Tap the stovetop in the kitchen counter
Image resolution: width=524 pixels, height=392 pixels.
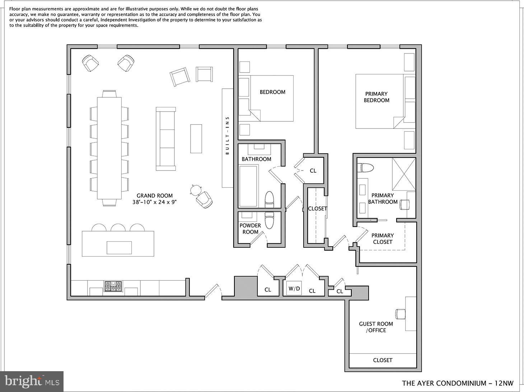click(x=113, y=286)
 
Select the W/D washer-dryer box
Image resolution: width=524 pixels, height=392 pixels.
click(x=294, y=288)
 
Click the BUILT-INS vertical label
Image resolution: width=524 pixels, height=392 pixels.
click(x=227, y=136)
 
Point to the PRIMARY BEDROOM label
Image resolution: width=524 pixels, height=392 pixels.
click(x=376, y=97)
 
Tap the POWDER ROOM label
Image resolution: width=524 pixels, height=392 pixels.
click(x=250, y=229)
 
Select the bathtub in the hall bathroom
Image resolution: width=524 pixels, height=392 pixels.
click(x=248, y=186)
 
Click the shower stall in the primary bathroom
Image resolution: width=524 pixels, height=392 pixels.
click(x=404, y=174)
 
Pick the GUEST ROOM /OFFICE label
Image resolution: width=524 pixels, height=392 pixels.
click(x=376, y=327)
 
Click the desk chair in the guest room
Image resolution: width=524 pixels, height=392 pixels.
click(x=400, y=314)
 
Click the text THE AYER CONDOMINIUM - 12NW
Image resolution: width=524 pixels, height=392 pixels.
click(x=458, y=383)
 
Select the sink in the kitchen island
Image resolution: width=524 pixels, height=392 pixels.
click(x=119, y=248)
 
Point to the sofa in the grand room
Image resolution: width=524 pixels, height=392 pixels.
click(x=165, y=139)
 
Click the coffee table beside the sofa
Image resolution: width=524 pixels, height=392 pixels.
click(x=196, y=139)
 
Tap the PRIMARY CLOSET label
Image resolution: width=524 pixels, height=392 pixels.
click(x=383, y=239)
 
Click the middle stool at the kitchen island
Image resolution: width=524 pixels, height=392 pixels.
click(x=118, y=228)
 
